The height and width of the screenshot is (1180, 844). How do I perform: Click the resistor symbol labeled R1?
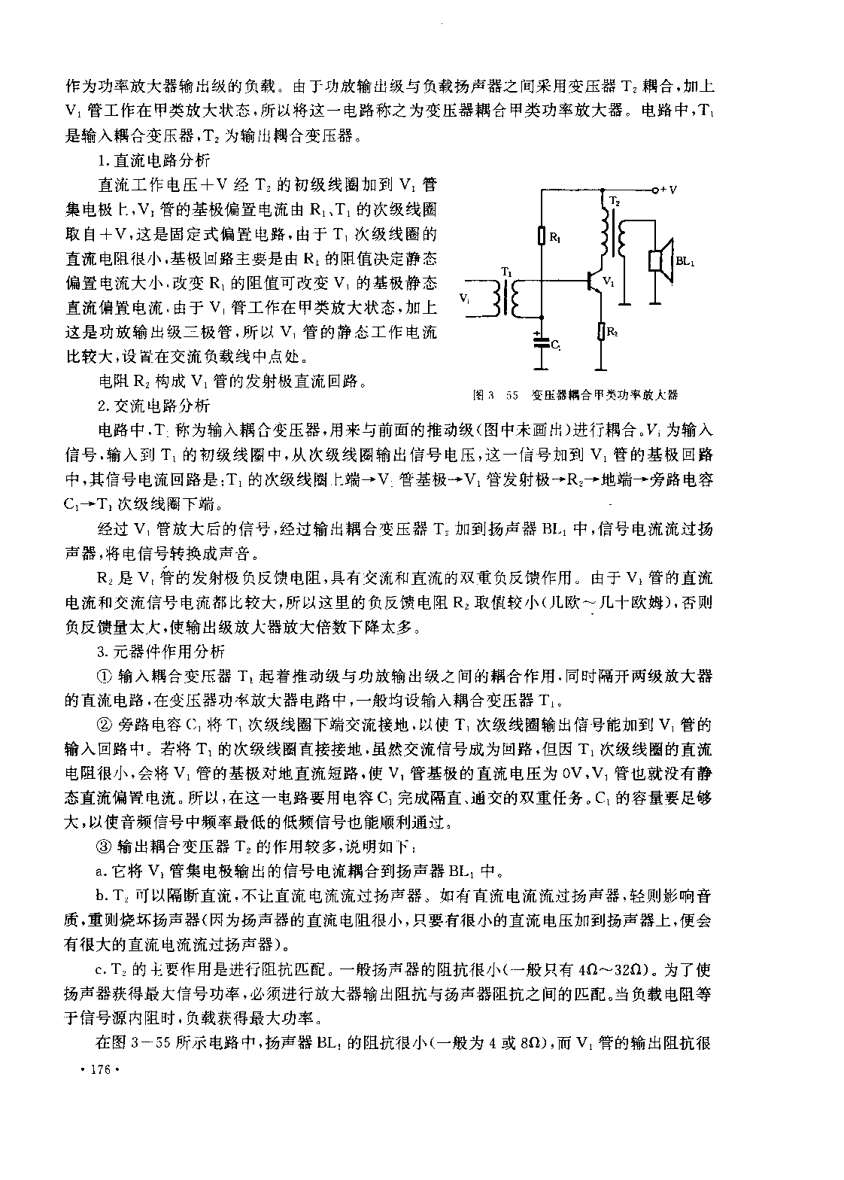pyautogui.click(x=541, y=236)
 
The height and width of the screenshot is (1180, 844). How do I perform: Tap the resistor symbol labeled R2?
pyautogui.click(x=602, y=331)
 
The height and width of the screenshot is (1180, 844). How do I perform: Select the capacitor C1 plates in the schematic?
pyautogui.click(x=540, y=343)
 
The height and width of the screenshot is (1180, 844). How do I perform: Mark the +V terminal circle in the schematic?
pyautogui.click(x=654, y=190)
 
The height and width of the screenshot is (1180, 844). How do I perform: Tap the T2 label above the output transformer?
pyautogui.click(x=615, y=202)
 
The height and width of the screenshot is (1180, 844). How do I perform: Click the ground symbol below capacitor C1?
pyautogui.click(x=540, y=368)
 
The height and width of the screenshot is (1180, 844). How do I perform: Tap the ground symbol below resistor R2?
pyautogui.click(x=602, y=368)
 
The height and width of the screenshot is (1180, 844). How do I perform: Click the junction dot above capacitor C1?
pyautogui.click(x=540, y=318)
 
